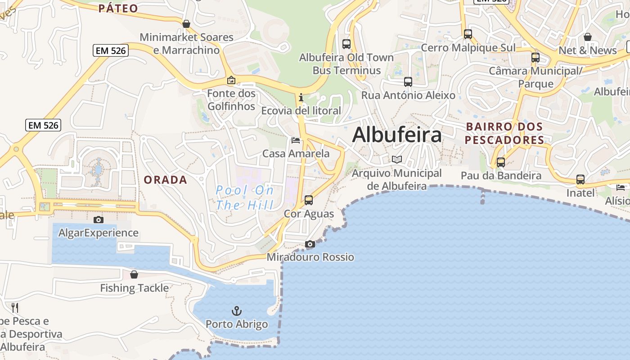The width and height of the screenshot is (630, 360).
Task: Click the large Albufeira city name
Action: pyautogui.click(x=397, y=135)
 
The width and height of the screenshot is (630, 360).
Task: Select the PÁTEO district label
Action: pyautogui.click(x=118, y=8)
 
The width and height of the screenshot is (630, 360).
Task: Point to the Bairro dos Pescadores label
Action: pyautogui.click(x=504, y=133)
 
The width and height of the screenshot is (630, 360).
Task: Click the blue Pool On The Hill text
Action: pyautogui.click(x=245, y=198)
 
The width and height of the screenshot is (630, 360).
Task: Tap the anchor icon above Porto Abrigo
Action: pyautogui.click(x=237, y=311)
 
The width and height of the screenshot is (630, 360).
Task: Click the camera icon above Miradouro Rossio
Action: pyautogui.click(x=310, y=244)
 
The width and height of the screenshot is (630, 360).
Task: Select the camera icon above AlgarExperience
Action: pyautogui.click(x=99, y=220)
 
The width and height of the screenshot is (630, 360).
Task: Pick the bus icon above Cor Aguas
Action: pyautogui.click(x=309, y=200)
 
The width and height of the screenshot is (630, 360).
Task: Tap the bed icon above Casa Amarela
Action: pyautogui.click(x=296, y=140)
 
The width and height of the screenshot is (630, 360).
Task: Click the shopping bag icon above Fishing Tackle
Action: pyautogui.click(x=134, y=274)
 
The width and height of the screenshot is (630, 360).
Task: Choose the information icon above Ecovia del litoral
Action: pyautogui.click(x=301, y=97)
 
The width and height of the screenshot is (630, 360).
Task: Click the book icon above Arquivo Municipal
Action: pyautogui.click(x=397, y=160)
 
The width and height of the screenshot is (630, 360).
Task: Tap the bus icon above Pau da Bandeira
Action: pyautogui.click(x=501, y=162)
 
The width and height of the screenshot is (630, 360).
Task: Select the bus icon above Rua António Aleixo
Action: pyautogui.click(x=408, y=82)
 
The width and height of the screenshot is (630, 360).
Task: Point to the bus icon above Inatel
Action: pyautogui.click(x=580, y=180)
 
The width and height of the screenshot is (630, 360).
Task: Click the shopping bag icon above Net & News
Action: pyautogui.click(x=588, y=37)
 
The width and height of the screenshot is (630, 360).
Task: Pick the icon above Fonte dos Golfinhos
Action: pyautogui.click(x=231, y=81)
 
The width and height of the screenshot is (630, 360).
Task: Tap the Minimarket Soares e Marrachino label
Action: pyautogui.click(x=186, y=43)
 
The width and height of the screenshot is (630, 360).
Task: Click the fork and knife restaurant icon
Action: pyautogui.click(x=15, y=308)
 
